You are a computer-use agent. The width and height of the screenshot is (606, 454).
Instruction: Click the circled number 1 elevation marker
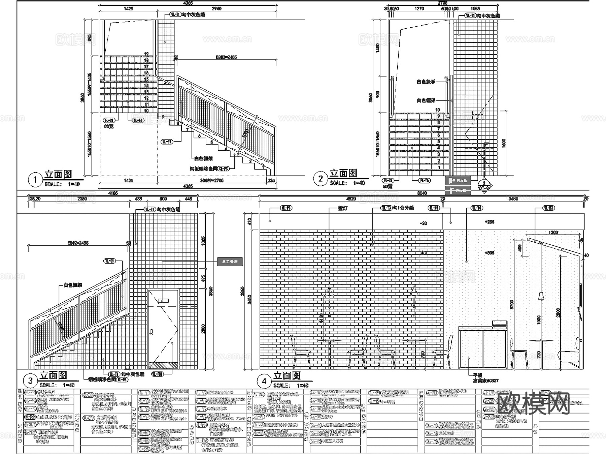click(x=35, y=180)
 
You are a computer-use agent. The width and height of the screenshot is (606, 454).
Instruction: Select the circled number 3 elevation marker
click(x=30, y=381)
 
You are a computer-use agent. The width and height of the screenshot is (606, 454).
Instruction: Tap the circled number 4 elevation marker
click(x=264, y=381)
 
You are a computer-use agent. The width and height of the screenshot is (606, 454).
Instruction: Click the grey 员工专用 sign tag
click(x=230, y=262)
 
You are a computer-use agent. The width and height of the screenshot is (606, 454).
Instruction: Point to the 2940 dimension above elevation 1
click(x=216, y=8)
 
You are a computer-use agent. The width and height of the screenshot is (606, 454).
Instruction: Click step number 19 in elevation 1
click(x=146, y=54)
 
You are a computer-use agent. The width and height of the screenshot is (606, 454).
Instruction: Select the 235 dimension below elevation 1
click(x=271, y=181)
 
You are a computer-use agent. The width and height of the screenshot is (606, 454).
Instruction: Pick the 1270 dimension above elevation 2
click(x=419, y=8)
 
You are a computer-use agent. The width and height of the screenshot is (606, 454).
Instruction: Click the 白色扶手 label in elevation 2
click(x=426, y=82)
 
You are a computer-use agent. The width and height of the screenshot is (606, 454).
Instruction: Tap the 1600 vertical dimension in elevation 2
click(x=504, y=143)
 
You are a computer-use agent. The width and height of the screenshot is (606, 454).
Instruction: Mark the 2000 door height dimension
click(x=203, y=329)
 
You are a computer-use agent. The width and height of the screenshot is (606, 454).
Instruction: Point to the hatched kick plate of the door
click(x=163, y=365)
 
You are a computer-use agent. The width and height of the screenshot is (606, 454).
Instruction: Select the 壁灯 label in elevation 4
click(x=342, y=209)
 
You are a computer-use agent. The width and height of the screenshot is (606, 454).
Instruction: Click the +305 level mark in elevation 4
click(x=490, y=253)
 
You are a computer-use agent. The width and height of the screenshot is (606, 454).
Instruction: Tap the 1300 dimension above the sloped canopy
click(x=553, y=233)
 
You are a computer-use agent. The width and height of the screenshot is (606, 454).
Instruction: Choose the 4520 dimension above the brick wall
click(x=351, y=199)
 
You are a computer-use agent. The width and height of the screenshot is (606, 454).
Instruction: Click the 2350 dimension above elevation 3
click(x=82, y=199)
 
